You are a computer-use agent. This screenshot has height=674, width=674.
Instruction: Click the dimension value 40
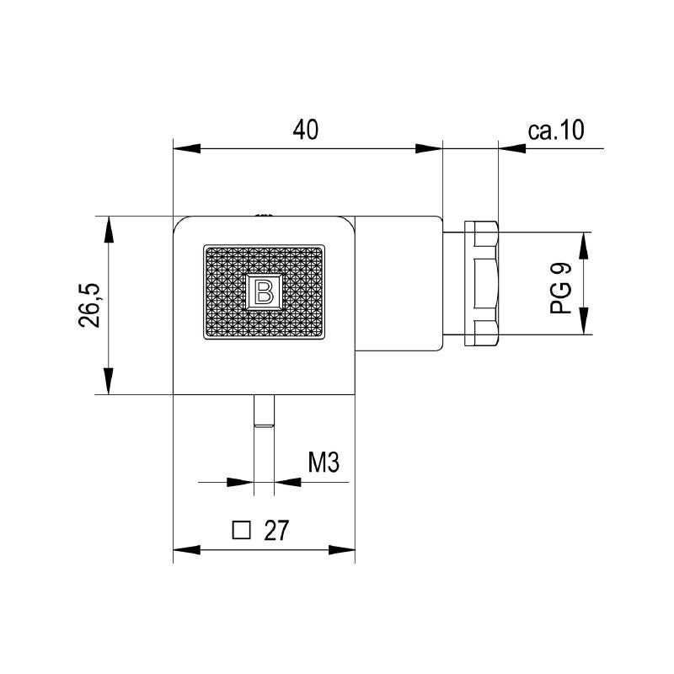pos(306,130)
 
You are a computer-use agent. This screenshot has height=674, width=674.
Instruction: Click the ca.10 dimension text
pos(555,130)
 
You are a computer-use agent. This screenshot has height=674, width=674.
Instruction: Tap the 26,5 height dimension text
pos(90,304)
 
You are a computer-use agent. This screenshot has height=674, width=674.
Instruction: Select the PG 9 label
pos(562,288)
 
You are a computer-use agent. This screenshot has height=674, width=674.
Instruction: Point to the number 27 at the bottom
pos(275,531)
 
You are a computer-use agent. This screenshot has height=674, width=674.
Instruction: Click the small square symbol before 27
pos(242,530)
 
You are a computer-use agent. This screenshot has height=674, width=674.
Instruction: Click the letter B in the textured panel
pos(264,292)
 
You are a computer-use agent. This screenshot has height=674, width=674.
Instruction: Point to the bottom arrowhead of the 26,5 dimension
pos(108,380)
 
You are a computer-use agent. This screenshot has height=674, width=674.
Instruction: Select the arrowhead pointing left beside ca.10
pos(512,148)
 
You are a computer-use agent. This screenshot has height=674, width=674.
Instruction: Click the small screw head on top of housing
pos(264,216)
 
